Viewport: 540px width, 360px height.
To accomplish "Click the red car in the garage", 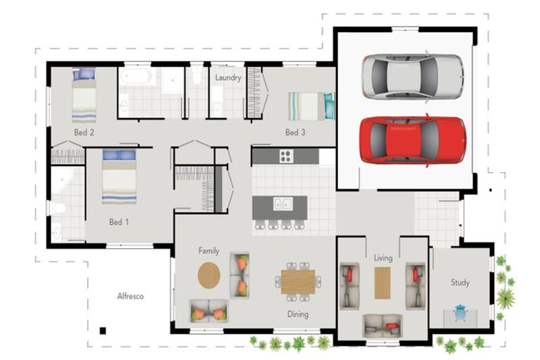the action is tap(413, 141).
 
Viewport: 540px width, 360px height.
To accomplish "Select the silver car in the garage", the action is tap(413, 77).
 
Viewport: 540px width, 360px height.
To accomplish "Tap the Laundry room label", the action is tap(228, 78).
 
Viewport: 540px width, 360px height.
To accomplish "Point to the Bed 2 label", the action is tap(84, 132).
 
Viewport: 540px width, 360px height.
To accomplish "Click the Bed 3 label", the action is tap(295, 132).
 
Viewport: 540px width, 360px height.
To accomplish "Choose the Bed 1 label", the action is tap(119, 222).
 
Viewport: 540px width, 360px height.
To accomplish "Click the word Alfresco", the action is tap(130, 296).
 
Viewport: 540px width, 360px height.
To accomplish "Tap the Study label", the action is tap(460, 283).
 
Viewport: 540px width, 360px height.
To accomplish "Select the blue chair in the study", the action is tap(461, 312).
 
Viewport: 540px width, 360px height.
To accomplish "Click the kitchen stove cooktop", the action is tap(286, 156).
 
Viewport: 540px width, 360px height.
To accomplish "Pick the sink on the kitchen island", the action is tap(283, 204).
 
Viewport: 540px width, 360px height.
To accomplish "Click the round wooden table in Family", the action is tap(209, 275).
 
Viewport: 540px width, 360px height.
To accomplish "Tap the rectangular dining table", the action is tap(298, 282).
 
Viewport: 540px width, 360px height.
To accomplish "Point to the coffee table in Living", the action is tap(382, 283).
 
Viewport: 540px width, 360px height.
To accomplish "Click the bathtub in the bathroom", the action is tap(136, 76).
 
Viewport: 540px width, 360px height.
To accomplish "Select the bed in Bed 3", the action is tap(311, 106).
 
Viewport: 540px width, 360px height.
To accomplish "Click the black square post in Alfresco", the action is tap(103, 330).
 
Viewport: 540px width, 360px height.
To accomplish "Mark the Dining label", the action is tap(298, 314).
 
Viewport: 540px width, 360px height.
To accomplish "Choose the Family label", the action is tap(209, 251).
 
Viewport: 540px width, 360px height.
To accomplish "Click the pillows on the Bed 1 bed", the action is tap(119, 155).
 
